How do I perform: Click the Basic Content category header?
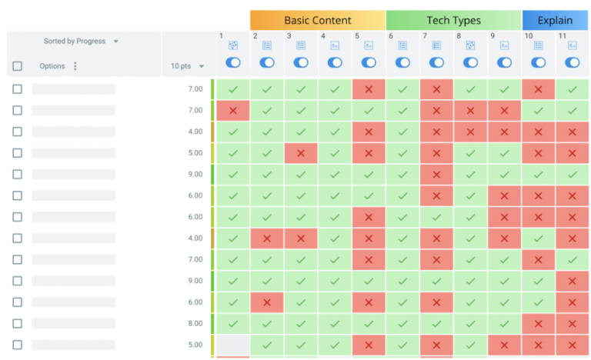[x=317, y=20]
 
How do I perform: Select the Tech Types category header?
[x=453, y=20]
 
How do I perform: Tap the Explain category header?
[x=555, y=20]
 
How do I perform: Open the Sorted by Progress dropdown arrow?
[x=116, y=42]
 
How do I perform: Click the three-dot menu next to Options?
[x=75, y=66]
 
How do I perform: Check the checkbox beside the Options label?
[x=18, y=66]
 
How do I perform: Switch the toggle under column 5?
[x=369, y=62]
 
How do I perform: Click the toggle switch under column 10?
[x=539, y=62]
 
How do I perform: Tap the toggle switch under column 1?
[x=233, y=62]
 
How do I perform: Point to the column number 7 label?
[x=425, y=36]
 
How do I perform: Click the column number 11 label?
[x=563, y=36]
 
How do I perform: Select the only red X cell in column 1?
[x=233, y=111]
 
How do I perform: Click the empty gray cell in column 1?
[x=233, y=345]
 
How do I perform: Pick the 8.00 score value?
[x=195, y=324]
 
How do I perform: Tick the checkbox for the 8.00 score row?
[x=18, y=324]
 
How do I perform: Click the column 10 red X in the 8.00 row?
[x=539, y=324]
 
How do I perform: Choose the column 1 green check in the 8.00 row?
[x=233, y=324]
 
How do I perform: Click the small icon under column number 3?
[x=301, y=46]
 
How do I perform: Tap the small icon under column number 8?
[x=470, y=46]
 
